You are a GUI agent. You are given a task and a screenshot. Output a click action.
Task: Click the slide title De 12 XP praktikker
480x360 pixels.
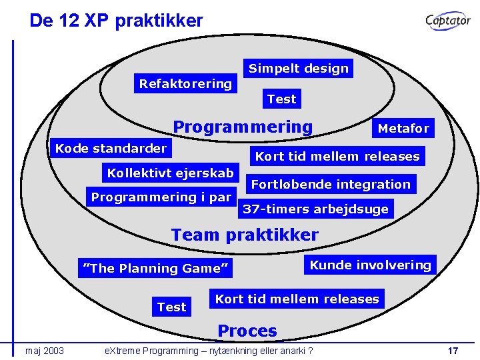[x=116, y=21]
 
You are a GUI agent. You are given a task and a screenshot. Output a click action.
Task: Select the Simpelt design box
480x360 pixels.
[x=298, y=68]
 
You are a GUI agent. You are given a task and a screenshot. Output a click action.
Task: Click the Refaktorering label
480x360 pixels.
[x=185, y=84]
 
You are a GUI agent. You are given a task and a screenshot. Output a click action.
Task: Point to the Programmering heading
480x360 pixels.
[x=243, y=127]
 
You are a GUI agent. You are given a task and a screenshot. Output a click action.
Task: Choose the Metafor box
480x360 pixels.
[x=403, y=128]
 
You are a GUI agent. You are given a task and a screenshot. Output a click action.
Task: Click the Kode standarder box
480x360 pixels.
[x=111, y=148]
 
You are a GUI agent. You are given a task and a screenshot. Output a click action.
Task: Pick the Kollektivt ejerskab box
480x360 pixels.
[x=171, y=173]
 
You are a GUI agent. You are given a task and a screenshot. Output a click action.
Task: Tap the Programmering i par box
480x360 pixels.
[x=161, y=197]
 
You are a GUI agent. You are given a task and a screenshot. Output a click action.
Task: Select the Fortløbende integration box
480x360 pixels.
[x=331, y=184]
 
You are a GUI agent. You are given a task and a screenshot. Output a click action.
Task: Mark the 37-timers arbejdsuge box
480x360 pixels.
[x=315, y=209]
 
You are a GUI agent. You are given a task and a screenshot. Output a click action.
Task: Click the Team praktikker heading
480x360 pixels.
[x=245, y=235]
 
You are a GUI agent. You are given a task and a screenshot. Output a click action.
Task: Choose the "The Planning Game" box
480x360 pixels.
[x=155, y=268]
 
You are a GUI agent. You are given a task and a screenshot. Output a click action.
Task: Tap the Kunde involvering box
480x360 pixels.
[x=370, y=265]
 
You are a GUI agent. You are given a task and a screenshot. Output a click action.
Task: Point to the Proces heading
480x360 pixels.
[x=247, y=331]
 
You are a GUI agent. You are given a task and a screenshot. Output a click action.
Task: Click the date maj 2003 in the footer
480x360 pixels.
[x=45, y=351]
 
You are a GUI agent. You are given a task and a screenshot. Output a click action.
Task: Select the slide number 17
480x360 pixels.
[x=453, y=351]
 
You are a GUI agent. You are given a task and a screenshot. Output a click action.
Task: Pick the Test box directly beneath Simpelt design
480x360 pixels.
[x=281, y=99]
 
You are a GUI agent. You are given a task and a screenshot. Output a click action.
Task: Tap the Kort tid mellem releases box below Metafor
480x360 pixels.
[x=337, y=157]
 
